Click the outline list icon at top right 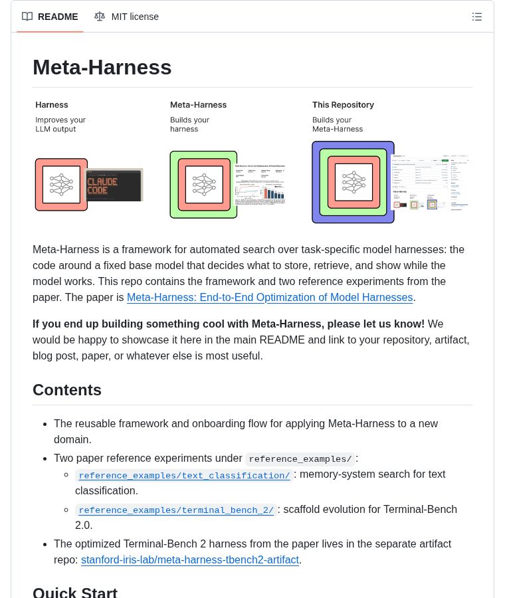point(476,17)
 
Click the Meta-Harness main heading point(102,67)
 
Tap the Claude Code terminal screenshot point(114,185)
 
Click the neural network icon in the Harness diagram point(61,185)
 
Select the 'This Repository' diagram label point(343,105)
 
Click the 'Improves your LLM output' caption point(60,124)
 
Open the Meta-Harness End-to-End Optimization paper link point(270,298)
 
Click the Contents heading point(67,390)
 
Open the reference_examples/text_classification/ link point(184,476)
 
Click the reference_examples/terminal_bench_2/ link point(176,510)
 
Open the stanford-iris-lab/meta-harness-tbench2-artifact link point(190,560)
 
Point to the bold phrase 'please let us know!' point(375,324)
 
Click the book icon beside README point(27,17)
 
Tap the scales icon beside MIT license point(100,17)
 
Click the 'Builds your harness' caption point(189,124)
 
